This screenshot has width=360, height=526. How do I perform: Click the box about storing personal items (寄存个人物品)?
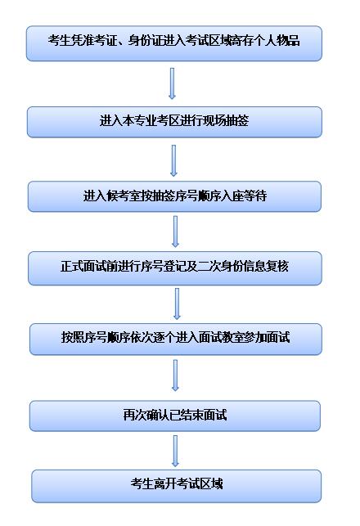[x=174, y=43]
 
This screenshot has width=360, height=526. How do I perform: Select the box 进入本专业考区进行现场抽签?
[x=174, y=122]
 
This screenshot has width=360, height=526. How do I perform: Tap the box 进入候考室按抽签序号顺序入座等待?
[x=174, y=196]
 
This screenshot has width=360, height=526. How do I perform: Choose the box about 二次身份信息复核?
[x=175, y=268]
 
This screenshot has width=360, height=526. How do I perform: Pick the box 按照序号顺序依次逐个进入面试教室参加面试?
[x=176, y=339]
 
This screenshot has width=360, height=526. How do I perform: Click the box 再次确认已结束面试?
[x=175, y=416]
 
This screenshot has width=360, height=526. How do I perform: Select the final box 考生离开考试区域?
[x=177, y=486]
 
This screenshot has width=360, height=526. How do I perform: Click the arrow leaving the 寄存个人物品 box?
[x=172, y=83]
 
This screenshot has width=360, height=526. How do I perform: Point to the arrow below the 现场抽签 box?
[x=173, y=160]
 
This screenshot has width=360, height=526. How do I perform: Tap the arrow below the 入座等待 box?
[x=175, y=232]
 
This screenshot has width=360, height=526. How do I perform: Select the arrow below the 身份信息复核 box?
[x=177, y=303]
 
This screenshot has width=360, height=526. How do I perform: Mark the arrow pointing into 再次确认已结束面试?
[x=175, y=375]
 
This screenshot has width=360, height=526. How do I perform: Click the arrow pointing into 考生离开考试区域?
[x=175, y=452]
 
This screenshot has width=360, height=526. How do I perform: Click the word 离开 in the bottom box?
[x=164, y=483]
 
